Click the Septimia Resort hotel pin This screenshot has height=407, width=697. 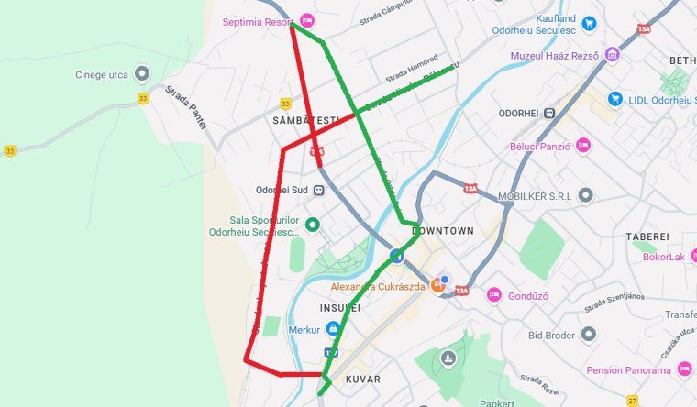coord(306,20)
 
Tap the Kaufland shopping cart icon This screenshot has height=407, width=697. coord(590,24)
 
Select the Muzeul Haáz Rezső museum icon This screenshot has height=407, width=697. coord(611,55)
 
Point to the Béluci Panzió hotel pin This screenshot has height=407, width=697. coord(582,145)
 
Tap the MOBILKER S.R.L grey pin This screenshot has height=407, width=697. coord(585,195)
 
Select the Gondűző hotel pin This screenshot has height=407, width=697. coord(494,294)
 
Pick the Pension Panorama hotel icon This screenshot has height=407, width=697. coord(683,369)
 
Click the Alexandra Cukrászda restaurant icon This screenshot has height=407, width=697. coord(437,286)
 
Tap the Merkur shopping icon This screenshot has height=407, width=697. coord(332,327)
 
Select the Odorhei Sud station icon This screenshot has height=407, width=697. coord(318,191)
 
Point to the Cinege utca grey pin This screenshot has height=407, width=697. coord(141,73)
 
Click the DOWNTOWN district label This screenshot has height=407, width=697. coord(444,231)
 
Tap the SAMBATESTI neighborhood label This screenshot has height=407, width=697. coord(306,120)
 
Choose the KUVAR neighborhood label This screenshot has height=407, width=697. coord(362,379)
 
